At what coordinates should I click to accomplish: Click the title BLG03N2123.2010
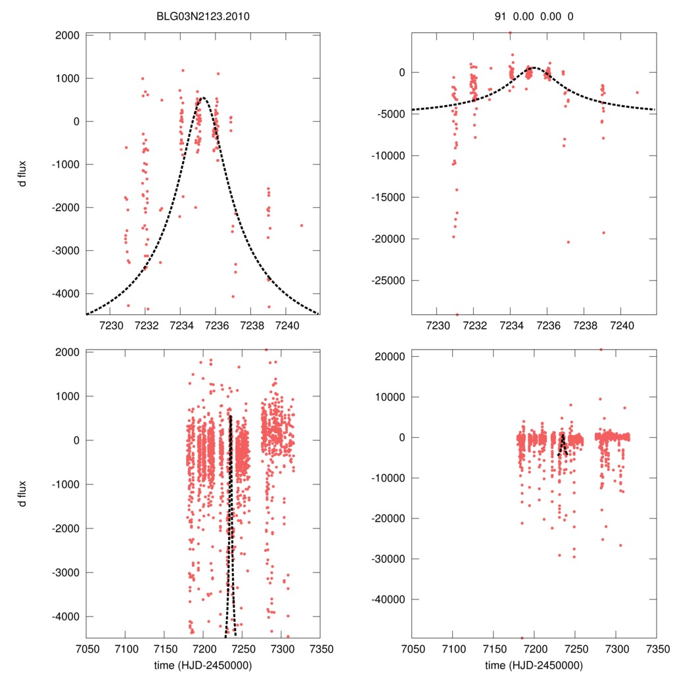tap(203, 16)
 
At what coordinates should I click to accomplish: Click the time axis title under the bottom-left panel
tap(203, 665)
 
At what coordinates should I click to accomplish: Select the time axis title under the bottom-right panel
tap(534, 665)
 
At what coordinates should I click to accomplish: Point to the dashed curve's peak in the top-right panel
tap(533, 67)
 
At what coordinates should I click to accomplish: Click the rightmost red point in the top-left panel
tap(302, 225)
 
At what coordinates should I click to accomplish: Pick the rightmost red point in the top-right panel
tap(637, 93)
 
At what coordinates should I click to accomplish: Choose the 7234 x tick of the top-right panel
tap(511, 325)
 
